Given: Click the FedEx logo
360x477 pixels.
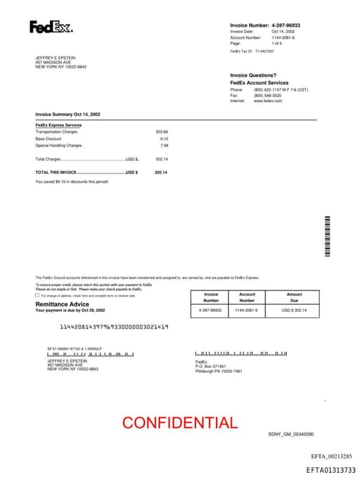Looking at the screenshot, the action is (x=51, y=27).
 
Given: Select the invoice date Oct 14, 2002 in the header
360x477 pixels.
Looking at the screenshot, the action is (x=283, y=32).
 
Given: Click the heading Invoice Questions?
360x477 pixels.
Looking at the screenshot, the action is (x=253, y=75).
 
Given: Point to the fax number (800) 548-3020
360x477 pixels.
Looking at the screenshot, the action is (x=268, y=96).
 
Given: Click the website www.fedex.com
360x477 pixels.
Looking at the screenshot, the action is (x=268, y=101).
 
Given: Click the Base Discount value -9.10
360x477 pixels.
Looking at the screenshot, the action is (x=164, y=139).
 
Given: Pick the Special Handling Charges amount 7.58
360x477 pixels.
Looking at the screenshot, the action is (x=165, y=145).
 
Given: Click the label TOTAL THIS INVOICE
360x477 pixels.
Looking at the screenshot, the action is (x=56, y=172).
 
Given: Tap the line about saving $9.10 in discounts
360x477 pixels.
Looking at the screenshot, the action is (x=72, y=182).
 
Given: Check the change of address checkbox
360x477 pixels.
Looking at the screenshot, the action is (x=37, y=295).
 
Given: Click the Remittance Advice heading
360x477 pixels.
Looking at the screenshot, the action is (x=62, y=304).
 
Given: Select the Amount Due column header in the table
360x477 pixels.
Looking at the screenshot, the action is (x=294, y=298).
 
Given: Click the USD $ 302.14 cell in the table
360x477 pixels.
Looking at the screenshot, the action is (x=294, y=310).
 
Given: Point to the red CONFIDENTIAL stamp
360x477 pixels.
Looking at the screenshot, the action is (x=180, y=423).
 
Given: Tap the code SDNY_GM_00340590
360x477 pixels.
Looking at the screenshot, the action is (x=290, y=435).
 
